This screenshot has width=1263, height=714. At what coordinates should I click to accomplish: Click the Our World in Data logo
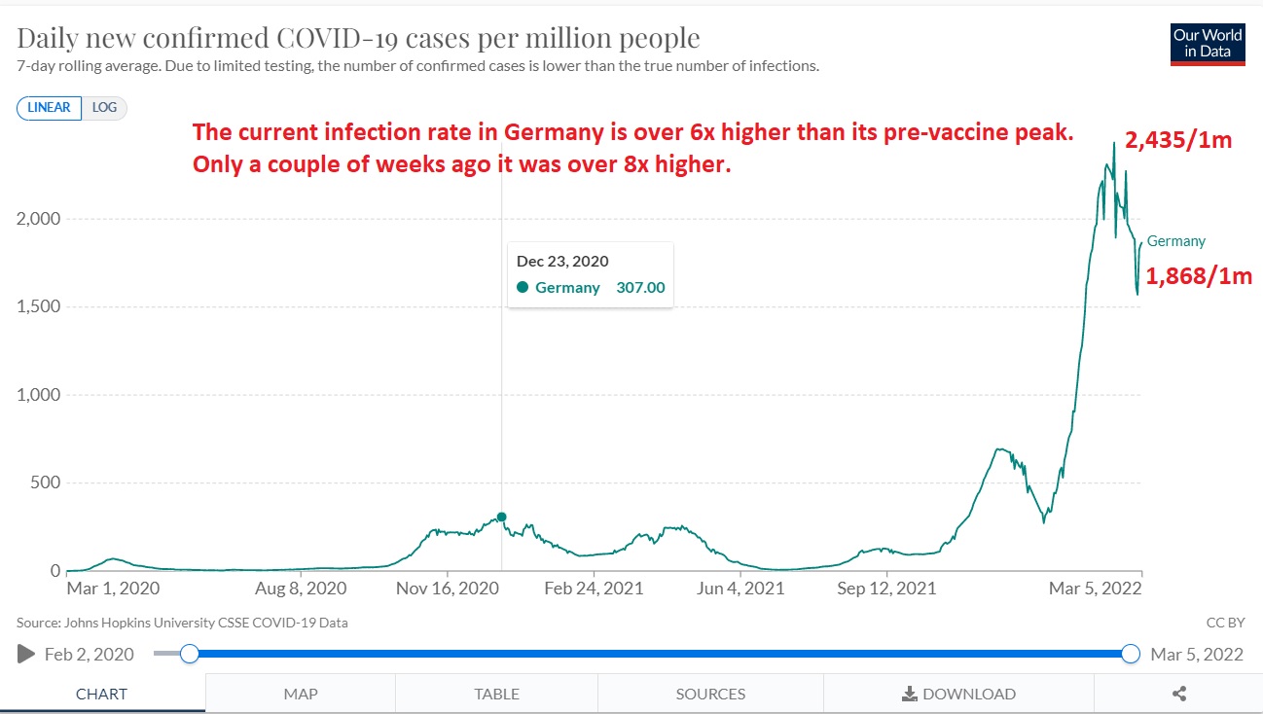tap(1208, 43)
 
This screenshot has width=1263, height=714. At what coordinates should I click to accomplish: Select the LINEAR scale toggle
tap(49, 108)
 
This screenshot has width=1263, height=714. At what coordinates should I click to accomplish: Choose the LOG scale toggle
tap(104, 108)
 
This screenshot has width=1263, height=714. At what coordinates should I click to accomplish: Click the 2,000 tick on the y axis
tap(38, 219)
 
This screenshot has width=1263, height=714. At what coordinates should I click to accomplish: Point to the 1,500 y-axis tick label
tap(38, 306)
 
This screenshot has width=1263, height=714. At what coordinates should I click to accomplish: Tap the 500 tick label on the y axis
tap(45, 483)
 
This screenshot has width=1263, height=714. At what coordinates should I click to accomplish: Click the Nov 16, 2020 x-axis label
tap(447, 589)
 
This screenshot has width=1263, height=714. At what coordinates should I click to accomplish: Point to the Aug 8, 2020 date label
tap(300, 589)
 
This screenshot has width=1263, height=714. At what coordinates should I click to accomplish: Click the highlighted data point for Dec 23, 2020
tap(501, 517)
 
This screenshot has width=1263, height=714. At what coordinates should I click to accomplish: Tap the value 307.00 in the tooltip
tap(640, 288)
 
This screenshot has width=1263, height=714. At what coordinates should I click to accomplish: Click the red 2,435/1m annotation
tap(1179, 140)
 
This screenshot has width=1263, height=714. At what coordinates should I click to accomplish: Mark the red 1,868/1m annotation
tap(1199, 277)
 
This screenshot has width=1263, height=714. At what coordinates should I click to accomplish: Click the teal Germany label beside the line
tap(1176, 241)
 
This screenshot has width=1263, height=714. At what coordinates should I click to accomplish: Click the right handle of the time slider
tap(1131, 654)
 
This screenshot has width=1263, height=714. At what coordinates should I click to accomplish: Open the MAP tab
tap(301, 694)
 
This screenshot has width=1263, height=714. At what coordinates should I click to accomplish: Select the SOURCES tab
tap(710, 694)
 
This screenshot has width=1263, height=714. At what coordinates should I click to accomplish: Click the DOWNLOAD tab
tap(958, 694)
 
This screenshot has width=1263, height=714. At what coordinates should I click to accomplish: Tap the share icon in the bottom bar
tap(1179, 694)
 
